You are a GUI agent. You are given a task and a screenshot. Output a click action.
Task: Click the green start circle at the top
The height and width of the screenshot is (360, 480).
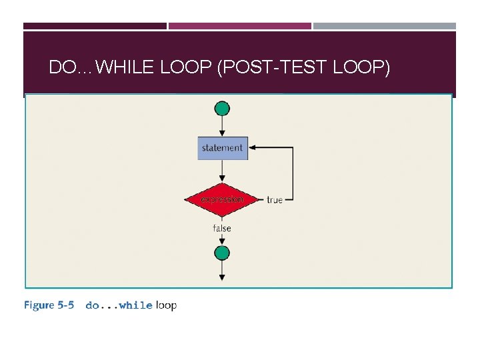[x=222, y=109]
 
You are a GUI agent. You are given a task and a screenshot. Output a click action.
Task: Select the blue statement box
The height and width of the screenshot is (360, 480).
[x=223, y=147]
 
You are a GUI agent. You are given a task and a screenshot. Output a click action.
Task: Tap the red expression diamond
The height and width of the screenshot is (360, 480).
[x=222, y=199]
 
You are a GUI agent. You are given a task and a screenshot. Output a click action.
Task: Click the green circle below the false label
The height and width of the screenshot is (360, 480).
[x=222, y=253]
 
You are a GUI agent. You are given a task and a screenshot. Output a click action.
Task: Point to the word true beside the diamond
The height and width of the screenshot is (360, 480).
[x=275, y=199]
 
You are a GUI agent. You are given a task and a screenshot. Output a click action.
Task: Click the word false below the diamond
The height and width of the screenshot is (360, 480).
[x=222, y=228]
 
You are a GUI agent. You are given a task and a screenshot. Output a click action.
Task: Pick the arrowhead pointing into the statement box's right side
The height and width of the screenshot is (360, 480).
[x=252, y=147]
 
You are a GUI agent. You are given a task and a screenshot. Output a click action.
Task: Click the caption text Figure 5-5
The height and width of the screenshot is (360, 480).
[x=49, y=305]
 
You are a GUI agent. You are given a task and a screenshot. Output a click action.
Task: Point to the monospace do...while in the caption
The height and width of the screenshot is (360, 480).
[x=119, y=305]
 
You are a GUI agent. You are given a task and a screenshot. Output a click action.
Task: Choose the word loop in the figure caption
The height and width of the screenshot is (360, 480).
[x=166, y=305]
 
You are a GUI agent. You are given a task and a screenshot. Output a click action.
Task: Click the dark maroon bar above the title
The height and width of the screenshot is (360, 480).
[x=95, y=26]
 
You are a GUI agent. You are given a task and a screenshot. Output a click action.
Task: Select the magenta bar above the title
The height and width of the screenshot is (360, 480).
[x=239, y=26]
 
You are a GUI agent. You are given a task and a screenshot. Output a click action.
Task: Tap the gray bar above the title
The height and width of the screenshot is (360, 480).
[x=385, y=26]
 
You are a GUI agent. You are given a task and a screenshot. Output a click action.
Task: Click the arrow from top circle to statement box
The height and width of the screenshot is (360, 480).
[x=222, y=126]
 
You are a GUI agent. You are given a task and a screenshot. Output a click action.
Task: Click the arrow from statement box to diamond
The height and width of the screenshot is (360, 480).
[x=222, y=171]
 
